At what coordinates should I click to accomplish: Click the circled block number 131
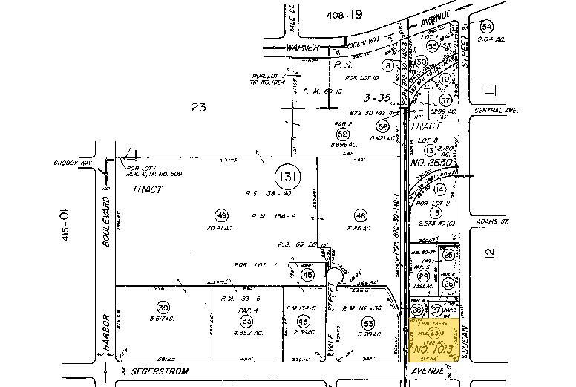[287, 177]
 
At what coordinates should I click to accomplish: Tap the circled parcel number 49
[220, 215]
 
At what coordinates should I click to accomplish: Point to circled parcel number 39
[162, 307]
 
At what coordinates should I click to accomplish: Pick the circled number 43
[302, 320]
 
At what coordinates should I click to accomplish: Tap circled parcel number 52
[342, 134]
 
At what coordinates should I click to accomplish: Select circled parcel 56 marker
[383, 127]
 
